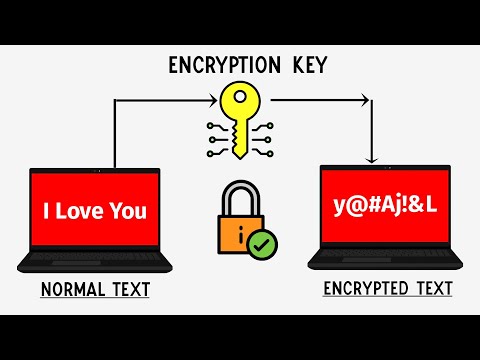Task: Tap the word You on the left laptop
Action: [130, 211]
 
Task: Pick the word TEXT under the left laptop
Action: [130, 291]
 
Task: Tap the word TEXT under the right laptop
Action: [432, 290]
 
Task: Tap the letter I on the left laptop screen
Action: [47, 211]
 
